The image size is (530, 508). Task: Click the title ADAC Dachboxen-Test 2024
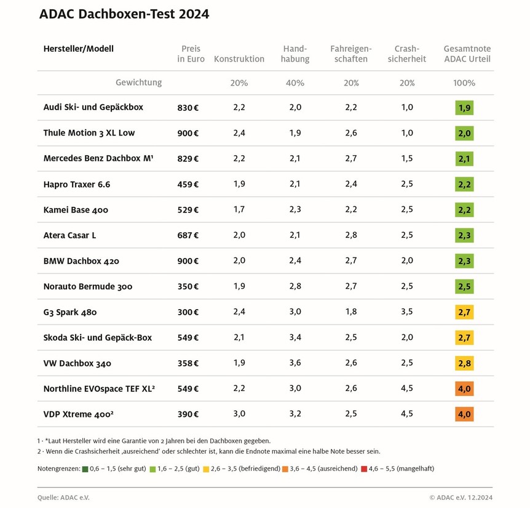(x=124, y=14)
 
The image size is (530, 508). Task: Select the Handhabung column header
(x=295, y=54)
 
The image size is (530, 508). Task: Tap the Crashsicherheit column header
(x=406, y=54)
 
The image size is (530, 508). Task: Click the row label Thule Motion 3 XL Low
(x=89, y=133)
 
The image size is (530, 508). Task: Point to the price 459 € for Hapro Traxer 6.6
(x=188, y=184)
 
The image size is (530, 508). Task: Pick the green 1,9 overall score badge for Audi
(x=464, y=108)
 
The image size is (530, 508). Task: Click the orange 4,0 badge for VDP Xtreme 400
(x=464, y=414)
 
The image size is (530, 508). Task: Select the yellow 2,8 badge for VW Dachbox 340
(x=464, y=363)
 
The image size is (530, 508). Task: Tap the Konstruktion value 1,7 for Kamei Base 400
(x=239, y=209)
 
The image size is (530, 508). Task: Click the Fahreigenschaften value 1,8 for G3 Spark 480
(x=350, y=312)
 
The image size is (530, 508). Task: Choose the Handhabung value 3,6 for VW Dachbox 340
(x=295, y=363)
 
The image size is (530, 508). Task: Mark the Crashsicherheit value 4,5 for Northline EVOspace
(x=406, y=389)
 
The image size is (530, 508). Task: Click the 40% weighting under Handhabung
(x=295, y=83)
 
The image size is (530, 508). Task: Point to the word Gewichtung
(x=138, y=83)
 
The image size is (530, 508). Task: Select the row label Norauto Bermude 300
(x=87, y=286)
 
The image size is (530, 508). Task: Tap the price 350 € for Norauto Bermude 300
(x=188, y=286)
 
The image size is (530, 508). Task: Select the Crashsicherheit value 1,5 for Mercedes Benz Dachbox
(x=406, y=158)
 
